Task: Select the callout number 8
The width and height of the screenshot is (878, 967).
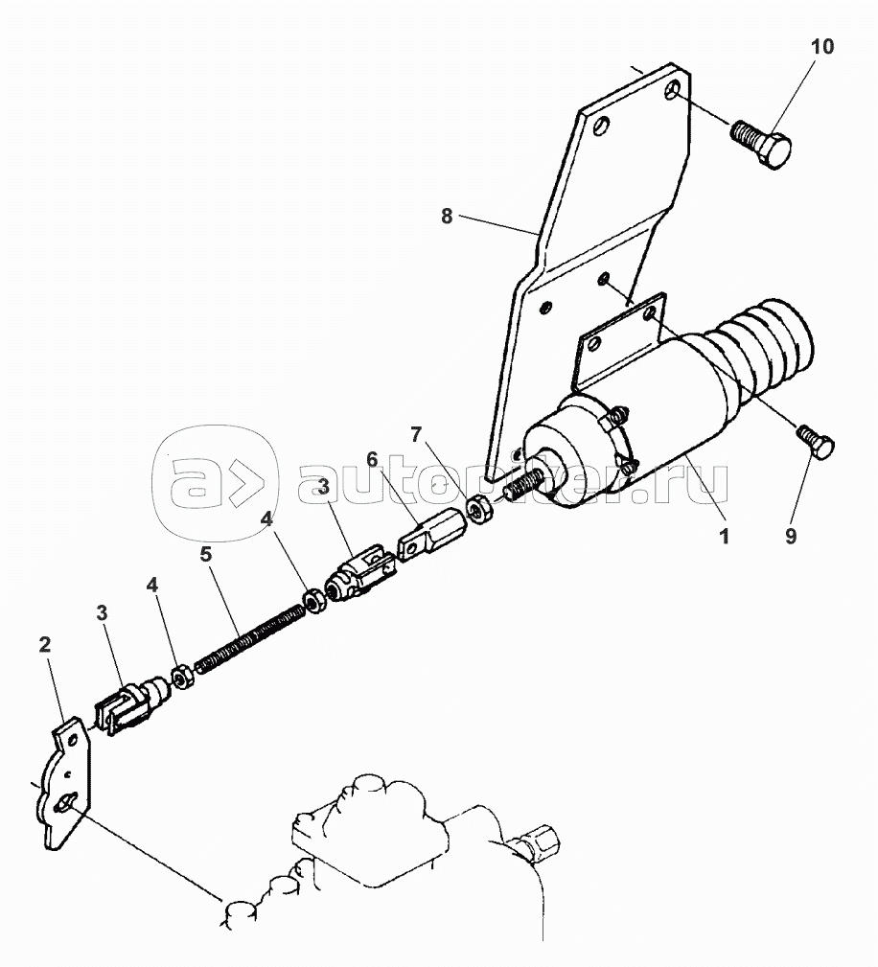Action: (447, 217)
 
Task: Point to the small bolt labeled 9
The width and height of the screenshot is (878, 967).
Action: (816, 442)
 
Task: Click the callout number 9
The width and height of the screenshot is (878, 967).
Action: (791, 537)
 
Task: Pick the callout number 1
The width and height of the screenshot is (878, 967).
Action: (725, 536)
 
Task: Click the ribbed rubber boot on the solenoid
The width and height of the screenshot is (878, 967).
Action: (767, 350)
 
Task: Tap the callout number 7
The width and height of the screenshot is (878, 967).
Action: (415, 434)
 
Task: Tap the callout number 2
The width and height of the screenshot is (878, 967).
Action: (45, 644)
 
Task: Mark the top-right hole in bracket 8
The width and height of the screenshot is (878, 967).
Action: (674, 89)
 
